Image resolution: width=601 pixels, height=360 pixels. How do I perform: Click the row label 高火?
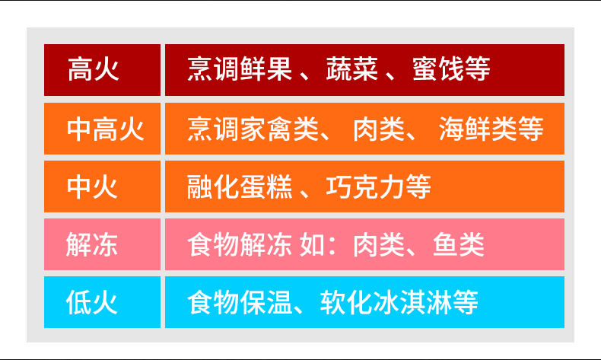pyautogui.click(x=93, y=69)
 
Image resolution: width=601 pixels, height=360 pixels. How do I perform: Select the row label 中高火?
pyautogui.click(x=106, y=129)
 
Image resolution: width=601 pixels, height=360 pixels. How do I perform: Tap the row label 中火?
pyautogui.click(x=92, y=186)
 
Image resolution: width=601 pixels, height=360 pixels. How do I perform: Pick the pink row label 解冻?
pyautogui.click(x=92, y=244)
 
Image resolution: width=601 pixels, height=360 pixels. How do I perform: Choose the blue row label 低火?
pyautogui.click(x=92, y=302)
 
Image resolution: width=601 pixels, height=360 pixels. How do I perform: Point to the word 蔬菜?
pyautogui.click(x=352, y=69)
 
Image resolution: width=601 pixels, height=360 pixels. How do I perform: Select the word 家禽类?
pyautogui.click(x=279, y=129)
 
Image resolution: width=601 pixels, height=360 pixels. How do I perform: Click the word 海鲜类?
pyautogui.click(x=478, y=129)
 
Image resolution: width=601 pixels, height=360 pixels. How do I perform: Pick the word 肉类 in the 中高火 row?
pyautogui.click(x=379, y=129)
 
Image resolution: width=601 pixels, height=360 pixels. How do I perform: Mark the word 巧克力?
pyautogui.click(x=365, y=186)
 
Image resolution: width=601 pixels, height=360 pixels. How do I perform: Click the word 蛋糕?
pyautogui.click(x=266, y=186)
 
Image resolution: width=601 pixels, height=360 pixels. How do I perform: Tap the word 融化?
pyautogui.click(x=213, y=186)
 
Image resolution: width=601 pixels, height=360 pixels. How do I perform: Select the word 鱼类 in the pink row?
pyautogui.click(x=459, y=244)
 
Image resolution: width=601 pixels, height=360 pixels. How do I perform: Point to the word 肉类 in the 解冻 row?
pyautogui.click(x=379, y=244)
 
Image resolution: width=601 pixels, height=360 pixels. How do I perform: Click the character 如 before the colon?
pyautogui.click(x=313, y=244)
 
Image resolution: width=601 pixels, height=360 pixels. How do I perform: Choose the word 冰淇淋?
pyautogui.click(x=412, y=302)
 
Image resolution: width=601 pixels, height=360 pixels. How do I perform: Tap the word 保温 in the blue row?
pyautogui.click(x=266, y=302)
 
